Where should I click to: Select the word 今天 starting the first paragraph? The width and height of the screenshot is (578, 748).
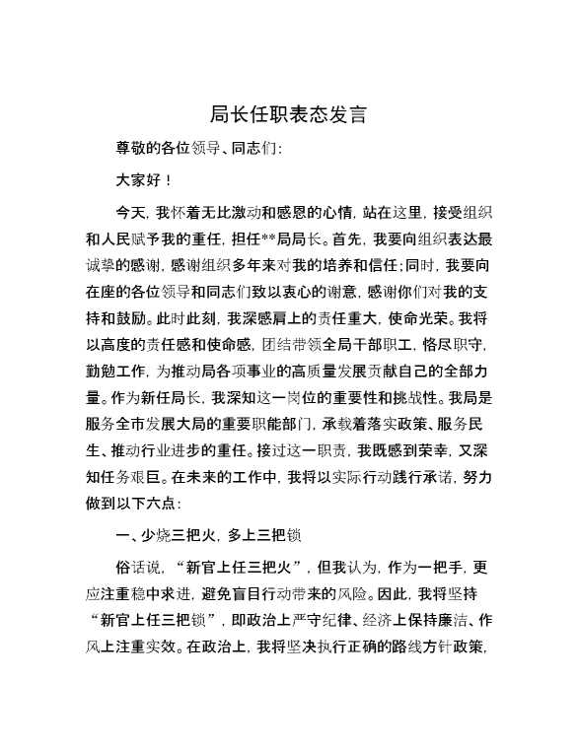click(129, 211)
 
